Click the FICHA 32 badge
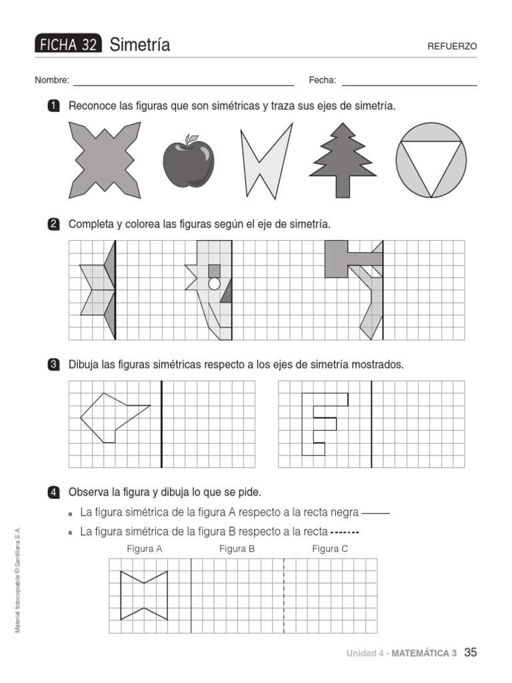pos(68,45)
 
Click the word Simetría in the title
pos(140,45)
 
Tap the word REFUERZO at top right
pos(453,47)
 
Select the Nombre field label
pos(52,80)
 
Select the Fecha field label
pos(322,80)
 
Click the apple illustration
pos(189,162)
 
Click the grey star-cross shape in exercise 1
pos(105,160)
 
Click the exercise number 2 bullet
pos(53,224)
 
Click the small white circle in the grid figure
pos(214,283)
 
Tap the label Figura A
pos(145,549)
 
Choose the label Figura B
pos(237,549)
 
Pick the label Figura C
pos(330,549)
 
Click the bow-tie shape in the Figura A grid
pos(143,595)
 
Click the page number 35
pos(471,652)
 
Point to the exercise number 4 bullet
pos(53,492)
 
